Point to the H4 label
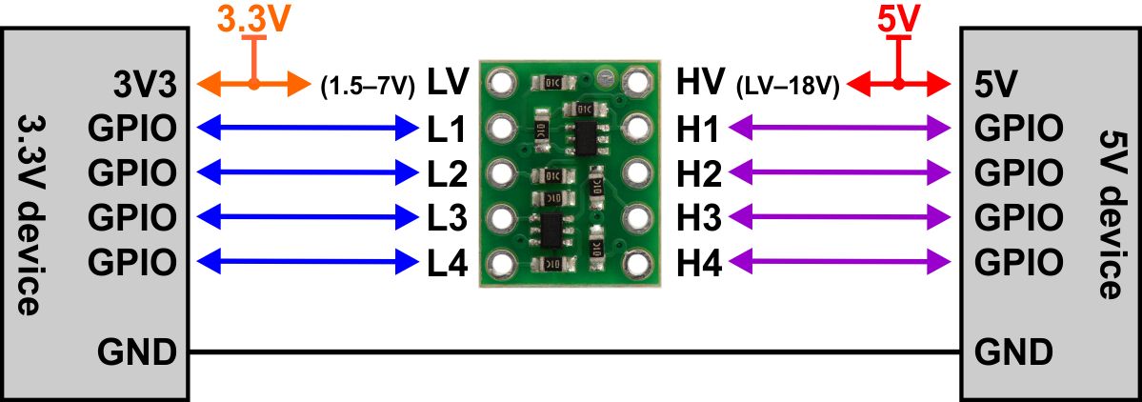[x=699, y=262]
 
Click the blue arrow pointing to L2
[x=301, y=171]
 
